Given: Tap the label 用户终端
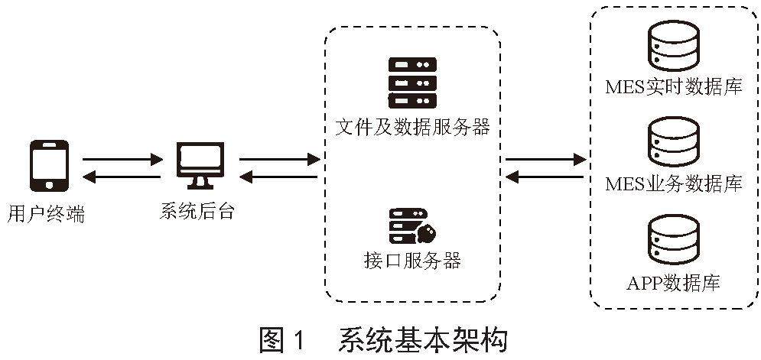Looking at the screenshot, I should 45,213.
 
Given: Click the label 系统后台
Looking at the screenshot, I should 197,210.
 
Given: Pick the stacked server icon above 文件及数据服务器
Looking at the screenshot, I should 412,82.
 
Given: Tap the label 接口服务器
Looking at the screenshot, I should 412,260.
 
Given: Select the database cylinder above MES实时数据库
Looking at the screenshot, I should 673,47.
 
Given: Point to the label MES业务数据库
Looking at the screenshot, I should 673,183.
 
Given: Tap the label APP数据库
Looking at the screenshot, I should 673,283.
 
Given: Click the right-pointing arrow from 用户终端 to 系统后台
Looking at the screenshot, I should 122,160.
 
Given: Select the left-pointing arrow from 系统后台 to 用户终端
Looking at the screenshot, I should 122,178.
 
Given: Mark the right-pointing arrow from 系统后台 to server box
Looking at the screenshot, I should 279,160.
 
